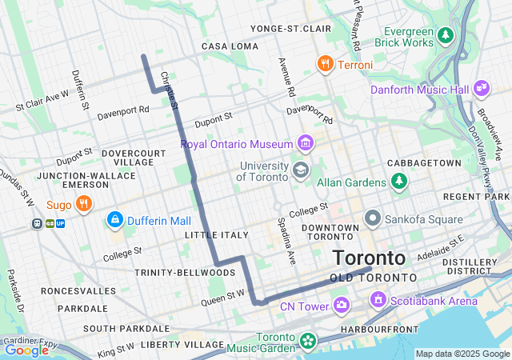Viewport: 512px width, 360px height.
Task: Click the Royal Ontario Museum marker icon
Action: tap(305, 144)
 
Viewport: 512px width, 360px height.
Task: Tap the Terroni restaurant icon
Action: tap(325, 64)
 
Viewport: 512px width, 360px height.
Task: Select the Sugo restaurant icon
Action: tap(83, 204)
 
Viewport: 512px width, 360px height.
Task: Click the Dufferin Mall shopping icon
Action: tap(115, 219)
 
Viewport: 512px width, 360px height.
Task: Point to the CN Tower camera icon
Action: tap(342, 305)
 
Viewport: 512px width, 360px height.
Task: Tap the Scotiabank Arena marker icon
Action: tap(378, 300)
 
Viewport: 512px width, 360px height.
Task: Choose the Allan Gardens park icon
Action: tap(398, 182)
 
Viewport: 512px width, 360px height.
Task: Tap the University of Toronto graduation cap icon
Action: tap(301, 170)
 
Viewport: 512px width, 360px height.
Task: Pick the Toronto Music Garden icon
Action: tap(306, 342)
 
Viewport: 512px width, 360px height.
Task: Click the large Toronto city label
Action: tap(369, 258)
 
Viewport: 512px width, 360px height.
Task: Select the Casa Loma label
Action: tap(230, 46)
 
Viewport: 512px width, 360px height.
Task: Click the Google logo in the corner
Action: tap(26, 350)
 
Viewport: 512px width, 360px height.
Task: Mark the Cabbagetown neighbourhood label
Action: tap(424, 162)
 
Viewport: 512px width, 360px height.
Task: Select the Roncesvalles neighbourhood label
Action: tap(74, 290)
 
